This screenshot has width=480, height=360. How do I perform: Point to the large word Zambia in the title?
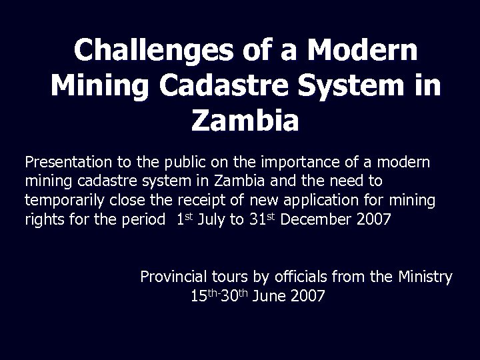tap(245, 121)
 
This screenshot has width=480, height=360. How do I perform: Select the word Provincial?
tap(173, 276)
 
